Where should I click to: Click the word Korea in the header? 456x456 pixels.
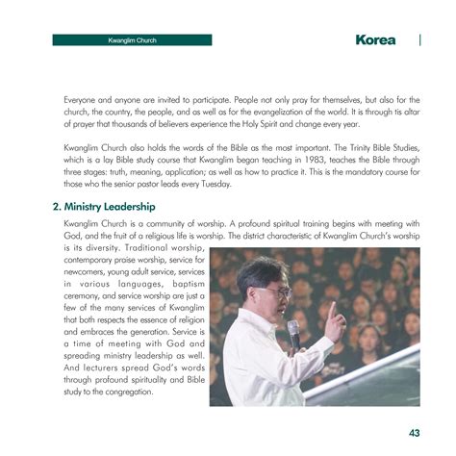point(374,40)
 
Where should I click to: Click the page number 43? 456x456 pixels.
point(414,433)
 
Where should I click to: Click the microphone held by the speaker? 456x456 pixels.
point(293,332)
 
